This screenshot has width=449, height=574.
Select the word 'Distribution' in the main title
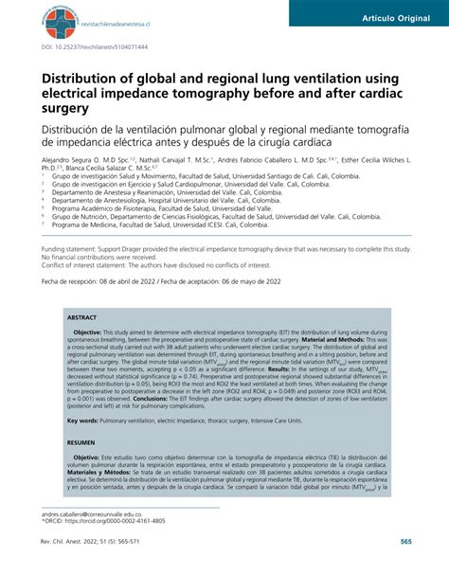[90, 81]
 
